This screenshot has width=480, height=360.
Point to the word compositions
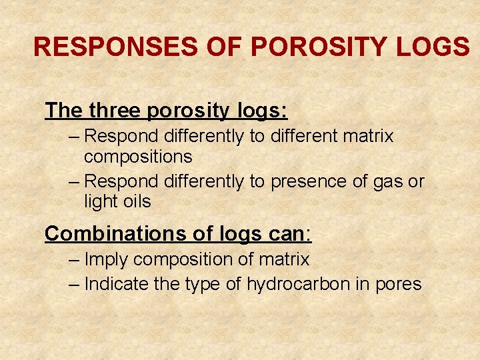pos(138,157)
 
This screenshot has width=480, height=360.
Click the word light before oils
pos(99,201)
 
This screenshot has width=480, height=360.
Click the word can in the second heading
pos(287,234)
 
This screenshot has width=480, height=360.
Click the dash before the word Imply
pos(75,259)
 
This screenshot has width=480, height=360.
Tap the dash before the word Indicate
pos(75,284)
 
